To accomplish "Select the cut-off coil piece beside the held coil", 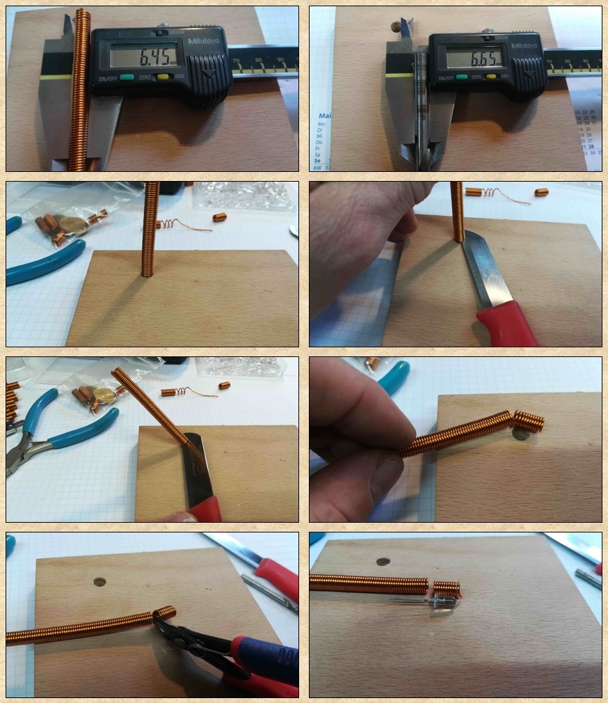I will (x=529, y=420).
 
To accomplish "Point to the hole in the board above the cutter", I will (x=100, y=581).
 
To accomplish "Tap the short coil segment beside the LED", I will (x=447, y=588).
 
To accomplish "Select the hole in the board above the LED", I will (x=382, y=562).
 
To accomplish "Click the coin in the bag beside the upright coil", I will (x=70, y=223).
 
